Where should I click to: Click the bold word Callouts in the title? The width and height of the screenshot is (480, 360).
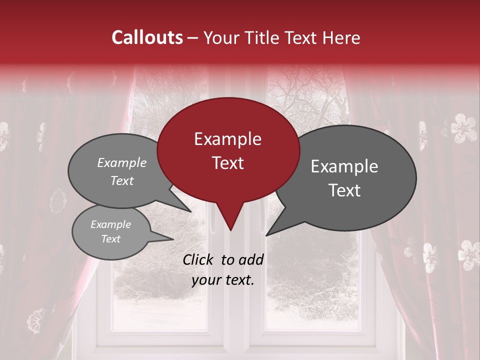tap(147, 37)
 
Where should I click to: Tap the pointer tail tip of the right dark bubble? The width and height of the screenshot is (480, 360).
tap(266, 235)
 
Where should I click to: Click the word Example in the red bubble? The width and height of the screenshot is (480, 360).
tap(227, 139)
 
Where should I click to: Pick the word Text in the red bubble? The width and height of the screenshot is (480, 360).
tap(227, 163)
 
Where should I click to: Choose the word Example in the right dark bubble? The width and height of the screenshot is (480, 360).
tap(344, 166)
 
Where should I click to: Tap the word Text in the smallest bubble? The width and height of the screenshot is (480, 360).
tap(111, 239)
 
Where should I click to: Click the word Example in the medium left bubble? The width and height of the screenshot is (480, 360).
tap(122, 162)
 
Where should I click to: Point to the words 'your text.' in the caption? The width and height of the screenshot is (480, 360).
tap(223, 280)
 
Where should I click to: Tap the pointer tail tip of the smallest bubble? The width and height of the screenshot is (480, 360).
tap(173, 239)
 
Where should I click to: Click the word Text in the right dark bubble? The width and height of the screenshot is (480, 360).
tap(344, 190)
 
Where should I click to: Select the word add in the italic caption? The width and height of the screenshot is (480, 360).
tap(250, 259)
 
